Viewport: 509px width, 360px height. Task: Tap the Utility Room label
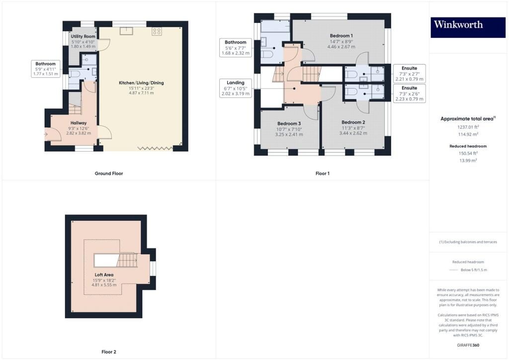coord(83,36)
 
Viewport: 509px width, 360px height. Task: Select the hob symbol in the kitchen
coord(157,31)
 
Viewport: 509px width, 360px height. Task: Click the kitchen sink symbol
coord(126,31)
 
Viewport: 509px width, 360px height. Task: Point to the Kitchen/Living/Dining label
coord(141,83)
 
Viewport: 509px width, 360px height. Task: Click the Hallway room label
coord(79,123)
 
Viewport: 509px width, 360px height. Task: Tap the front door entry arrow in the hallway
coord(46,134)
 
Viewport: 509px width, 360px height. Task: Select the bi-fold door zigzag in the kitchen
coord(155,148)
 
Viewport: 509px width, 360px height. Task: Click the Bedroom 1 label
coord(341,36)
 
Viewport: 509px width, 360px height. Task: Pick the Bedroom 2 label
coord(353,122)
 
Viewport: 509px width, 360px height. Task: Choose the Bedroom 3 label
coord(289,124)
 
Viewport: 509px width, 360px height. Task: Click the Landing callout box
coord(235,88)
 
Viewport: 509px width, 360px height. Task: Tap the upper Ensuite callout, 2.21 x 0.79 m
coord(410,74)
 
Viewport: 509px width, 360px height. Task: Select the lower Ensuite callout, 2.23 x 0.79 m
coord(410,93)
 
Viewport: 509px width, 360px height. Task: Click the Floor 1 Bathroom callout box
coord(235,48)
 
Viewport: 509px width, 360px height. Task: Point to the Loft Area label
coord(104,274)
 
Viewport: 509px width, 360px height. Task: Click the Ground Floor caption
coord(109,174)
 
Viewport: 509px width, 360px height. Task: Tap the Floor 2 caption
coord(109,352)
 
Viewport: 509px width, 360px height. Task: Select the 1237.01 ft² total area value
coord(468,127)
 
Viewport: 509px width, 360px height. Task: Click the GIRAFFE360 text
coord(468,345)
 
